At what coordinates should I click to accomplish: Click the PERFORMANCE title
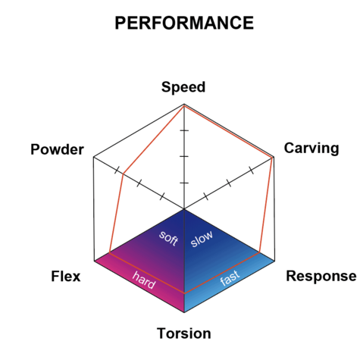pos(184,23)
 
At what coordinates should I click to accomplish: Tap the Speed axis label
pos(183,88)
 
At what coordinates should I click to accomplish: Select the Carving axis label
pos(311,149)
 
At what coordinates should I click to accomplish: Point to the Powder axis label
pos(57,149)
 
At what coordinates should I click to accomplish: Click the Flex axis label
pos(66,276)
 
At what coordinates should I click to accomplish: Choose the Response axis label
pos(321,276)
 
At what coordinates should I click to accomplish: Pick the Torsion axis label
pos(184,333)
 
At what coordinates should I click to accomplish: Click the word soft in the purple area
pos(169,238)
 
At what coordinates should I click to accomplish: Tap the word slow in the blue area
pos(202,239)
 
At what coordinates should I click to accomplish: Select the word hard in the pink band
pos(144,280)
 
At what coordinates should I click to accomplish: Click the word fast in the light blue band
pos(230,278)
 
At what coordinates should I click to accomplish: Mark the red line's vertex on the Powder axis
pos(123,174)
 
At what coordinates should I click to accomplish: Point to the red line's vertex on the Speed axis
pos(184,106)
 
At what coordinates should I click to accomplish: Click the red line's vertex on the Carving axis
pos(272,158)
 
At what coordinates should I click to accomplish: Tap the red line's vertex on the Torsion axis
pos(184,293)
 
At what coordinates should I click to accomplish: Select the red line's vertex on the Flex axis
pos(109,252)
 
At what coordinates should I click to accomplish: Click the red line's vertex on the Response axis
pos(259,252)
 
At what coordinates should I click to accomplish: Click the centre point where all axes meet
pos(184,209)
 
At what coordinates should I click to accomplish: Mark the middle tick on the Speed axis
pos(184,156)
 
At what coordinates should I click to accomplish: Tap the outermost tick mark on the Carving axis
pos(252,171)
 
